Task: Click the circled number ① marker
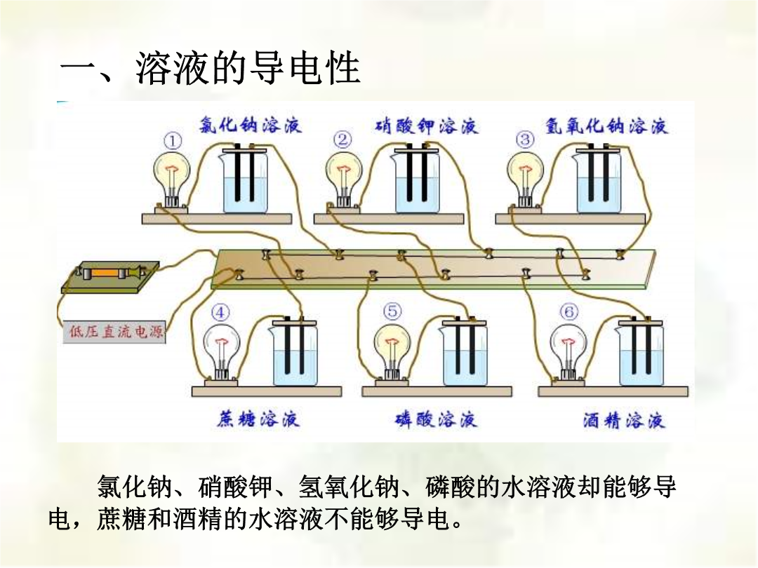click(x=173, y=142)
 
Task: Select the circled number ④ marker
click(x=220, y=313)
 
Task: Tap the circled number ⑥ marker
click(x=568, y=311)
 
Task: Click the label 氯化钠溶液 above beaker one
click(x=251, y=125)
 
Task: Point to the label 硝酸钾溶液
click(x=427, y=126)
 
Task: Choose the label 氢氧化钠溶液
click(x=606, y=126)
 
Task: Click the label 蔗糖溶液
click(x=258, y=419)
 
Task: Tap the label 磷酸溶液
click(x=436, y=419)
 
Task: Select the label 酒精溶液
click(x=624, y=420)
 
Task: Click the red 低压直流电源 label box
click(x=114, y=332)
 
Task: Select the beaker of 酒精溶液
click(x=641, y=353)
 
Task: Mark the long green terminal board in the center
click(x=434, y=269)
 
